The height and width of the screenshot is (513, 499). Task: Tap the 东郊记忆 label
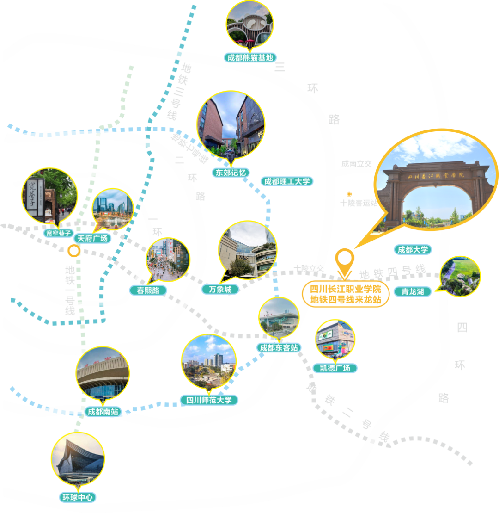pos(231,173)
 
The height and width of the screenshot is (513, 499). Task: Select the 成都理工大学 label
pos(287,181)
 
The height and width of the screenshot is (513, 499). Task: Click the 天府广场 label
pos(92,239)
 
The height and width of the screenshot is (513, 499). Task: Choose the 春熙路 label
pos(148,290)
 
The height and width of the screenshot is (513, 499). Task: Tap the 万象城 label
pos(220,290)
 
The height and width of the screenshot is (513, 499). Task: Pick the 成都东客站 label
pos(279,347)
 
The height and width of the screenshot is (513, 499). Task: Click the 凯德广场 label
pos(335,368)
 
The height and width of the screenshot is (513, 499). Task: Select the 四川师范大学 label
pos(209,400)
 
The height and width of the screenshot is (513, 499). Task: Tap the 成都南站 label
pos(103,411)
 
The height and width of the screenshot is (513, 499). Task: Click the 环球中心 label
pos(78,498)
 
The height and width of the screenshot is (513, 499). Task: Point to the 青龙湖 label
pos(413,291)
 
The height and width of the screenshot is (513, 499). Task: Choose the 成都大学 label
pos(413,250)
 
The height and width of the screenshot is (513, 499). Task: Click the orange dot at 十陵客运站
pos(350,194)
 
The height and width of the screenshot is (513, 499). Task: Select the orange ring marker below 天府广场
pos(73,251)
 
